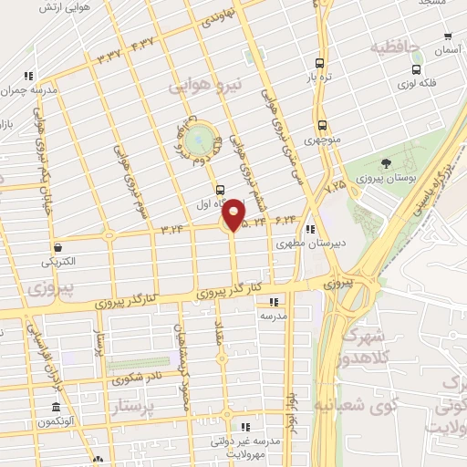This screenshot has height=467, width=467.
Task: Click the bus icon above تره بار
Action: (318, 63)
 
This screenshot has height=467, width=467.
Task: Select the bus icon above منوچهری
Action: (322, 127)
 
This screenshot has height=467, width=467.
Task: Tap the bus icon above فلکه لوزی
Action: (416, 68)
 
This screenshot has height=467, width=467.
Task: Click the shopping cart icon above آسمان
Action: (447, 37)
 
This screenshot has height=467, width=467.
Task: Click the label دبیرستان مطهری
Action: (307, 244)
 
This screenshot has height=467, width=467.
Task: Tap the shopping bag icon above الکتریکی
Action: (57, 246)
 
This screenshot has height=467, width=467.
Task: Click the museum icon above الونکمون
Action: (56, 406)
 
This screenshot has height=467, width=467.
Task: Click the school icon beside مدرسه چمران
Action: (28, 76)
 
